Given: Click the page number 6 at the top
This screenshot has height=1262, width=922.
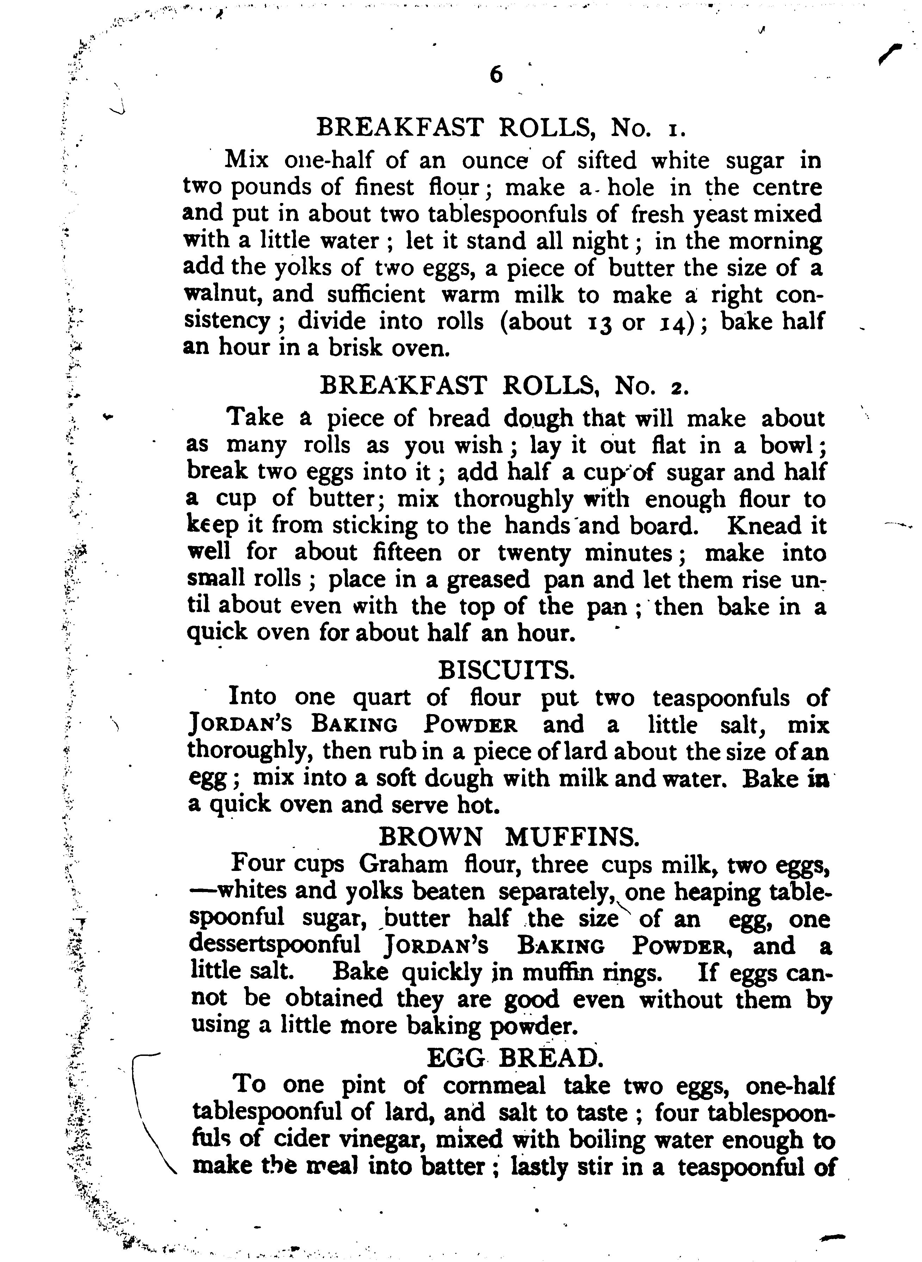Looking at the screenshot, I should pos(495,74).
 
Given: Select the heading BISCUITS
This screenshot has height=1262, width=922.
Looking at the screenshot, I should pos(506,669).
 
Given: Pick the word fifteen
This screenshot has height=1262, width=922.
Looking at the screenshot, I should pos(406,552).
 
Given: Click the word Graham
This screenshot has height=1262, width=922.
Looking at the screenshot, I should pos(403,865).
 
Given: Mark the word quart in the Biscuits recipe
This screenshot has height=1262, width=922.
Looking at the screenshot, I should pos(383,698).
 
